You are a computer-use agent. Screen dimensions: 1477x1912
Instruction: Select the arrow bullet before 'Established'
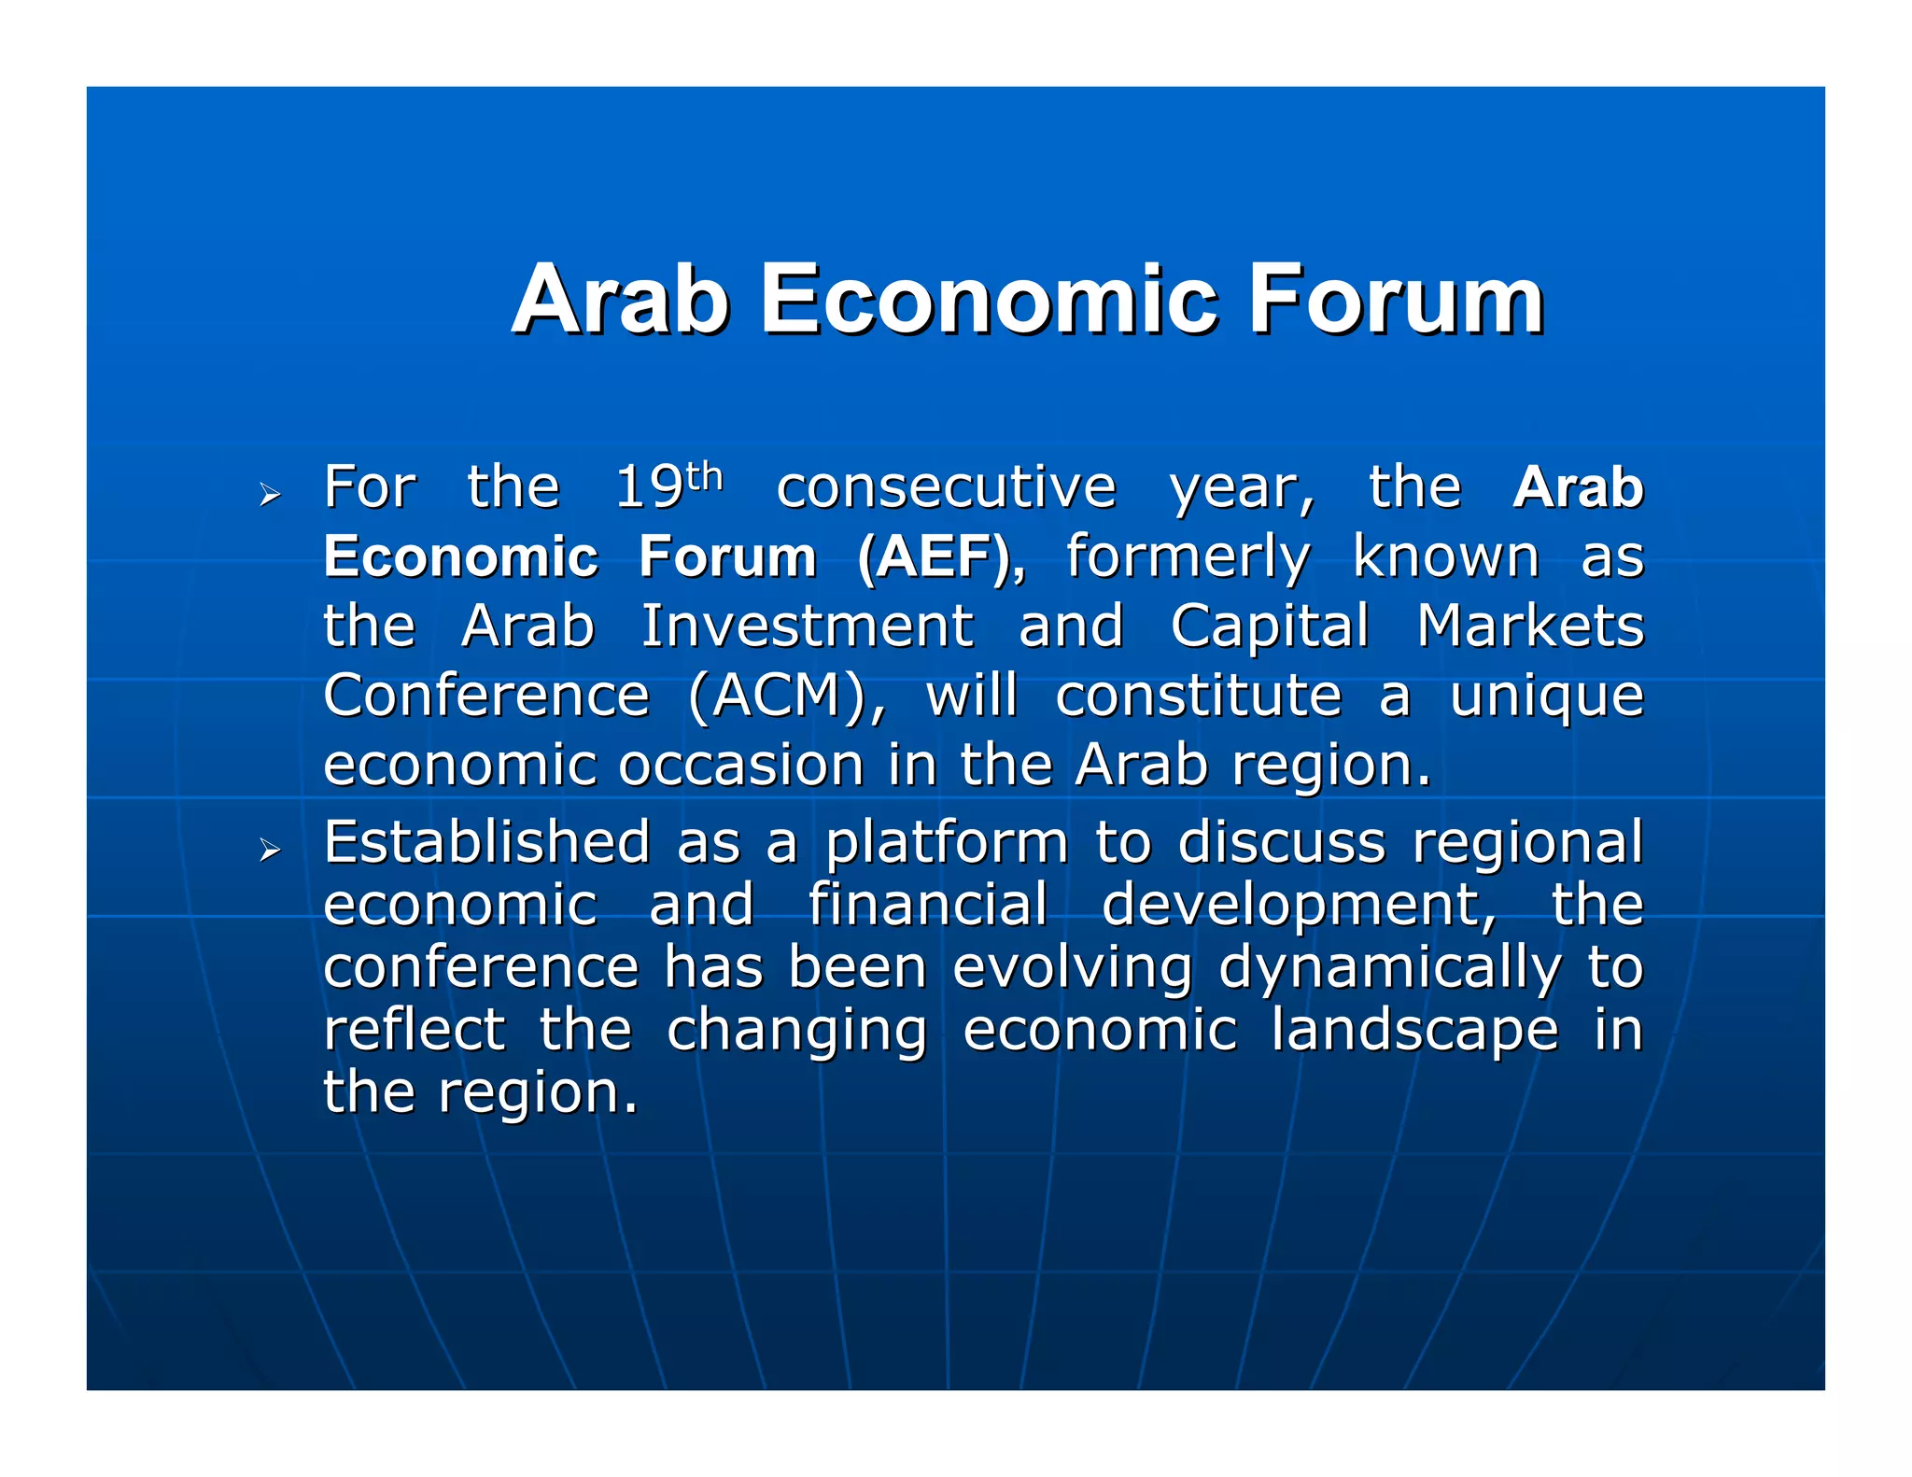point(270,849)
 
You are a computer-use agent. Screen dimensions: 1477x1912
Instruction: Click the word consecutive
point(946,487)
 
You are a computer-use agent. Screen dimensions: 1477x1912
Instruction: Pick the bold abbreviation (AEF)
point(941,557)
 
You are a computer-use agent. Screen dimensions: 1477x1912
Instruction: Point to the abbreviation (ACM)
point(787,696)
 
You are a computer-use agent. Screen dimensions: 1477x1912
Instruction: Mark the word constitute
point(1199,696)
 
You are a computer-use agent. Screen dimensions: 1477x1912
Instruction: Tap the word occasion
point(741,766)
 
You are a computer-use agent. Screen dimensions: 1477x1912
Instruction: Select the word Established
point(486,842)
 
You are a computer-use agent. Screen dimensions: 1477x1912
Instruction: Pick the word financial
point(928,905)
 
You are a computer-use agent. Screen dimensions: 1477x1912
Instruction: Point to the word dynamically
point(1389,969)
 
